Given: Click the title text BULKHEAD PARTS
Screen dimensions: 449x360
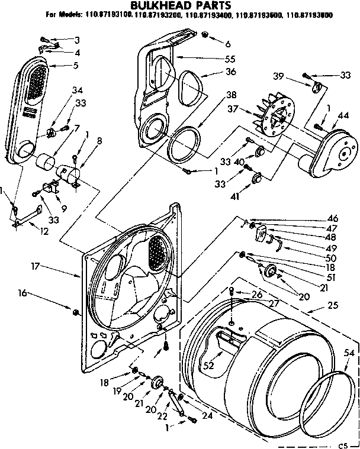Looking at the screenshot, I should (x=180, y=5).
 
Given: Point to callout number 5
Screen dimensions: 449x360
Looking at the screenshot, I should (x=75, y=65).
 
